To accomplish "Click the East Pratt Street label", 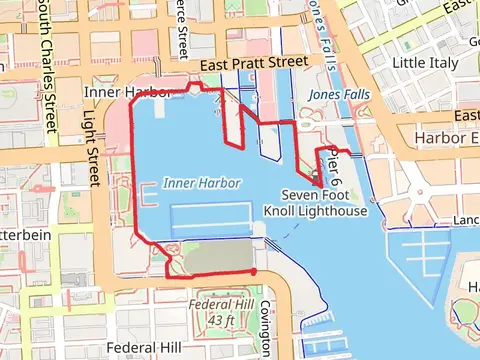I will tap(253, 63).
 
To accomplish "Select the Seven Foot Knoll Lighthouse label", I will tap(316, 203).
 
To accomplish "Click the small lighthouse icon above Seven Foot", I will tap(315, 178).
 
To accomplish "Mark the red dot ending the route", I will tap(253, 271).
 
